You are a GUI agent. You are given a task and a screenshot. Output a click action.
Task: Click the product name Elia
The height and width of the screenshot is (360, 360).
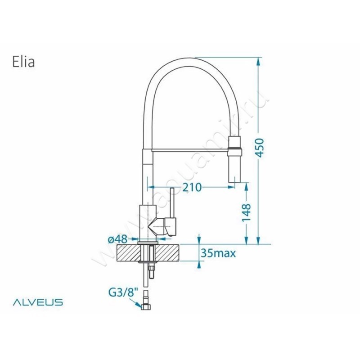[23, 62]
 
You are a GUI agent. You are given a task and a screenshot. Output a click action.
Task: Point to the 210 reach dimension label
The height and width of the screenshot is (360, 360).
[192, 187]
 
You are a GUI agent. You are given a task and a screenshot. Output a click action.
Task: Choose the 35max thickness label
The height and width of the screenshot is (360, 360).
[218, 253]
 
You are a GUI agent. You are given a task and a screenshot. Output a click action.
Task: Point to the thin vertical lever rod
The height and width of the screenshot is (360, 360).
[171, 202]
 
